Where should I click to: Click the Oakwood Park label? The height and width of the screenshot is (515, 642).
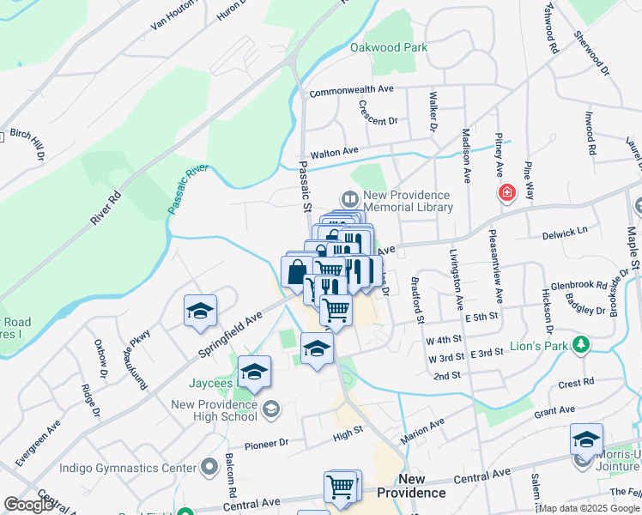point(388,48)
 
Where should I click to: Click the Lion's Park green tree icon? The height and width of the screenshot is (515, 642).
point(581,345)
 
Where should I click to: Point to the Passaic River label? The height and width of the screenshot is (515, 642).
point(188,190)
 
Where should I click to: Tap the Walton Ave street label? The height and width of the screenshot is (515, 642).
point(334,152)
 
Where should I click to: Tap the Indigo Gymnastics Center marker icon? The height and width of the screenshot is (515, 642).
point(209,468)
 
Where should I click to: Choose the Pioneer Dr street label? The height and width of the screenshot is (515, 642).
point(266,444)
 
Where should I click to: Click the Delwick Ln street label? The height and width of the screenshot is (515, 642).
point(564,232)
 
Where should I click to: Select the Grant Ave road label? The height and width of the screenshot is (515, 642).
point(554,412)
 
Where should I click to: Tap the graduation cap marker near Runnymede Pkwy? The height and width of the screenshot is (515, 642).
point(200,312)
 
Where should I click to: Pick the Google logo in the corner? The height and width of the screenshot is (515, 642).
point(28,505)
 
